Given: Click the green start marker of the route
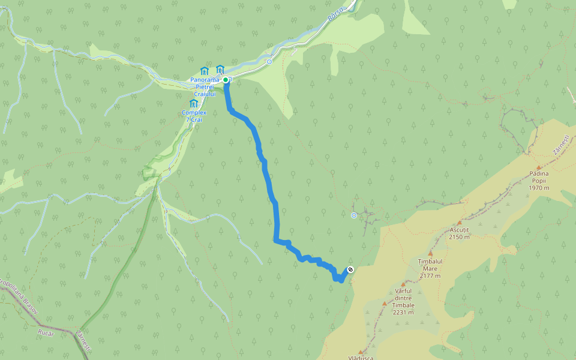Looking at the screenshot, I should click(226, 79).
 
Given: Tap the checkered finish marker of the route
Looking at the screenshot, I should click(350, 269).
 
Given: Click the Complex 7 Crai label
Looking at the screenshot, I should click(194, 116).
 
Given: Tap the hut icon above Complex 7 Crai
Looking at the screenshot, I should click(193, 103).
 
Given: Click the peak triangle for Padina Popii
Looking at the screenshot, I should click(539, 167).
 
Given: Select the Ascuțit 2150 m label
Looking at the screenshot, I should click(459, 233).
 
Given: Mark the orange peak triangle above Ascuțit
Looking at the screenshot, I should click(460, 223).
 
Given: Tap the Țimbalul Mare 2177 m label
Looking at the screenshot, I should click(430, 268).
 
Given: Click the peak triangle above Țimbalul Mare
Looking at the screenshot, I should click(430, 254).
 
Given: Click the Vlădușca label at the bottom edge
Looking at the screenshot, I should click(360, 357).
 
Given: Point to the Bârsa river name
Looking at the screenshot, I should click(336, 14).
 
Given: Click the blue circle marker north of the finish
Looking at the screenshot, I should click(353, 215).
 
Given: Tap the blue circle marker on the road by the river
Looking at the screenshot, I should click(269, 61).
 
